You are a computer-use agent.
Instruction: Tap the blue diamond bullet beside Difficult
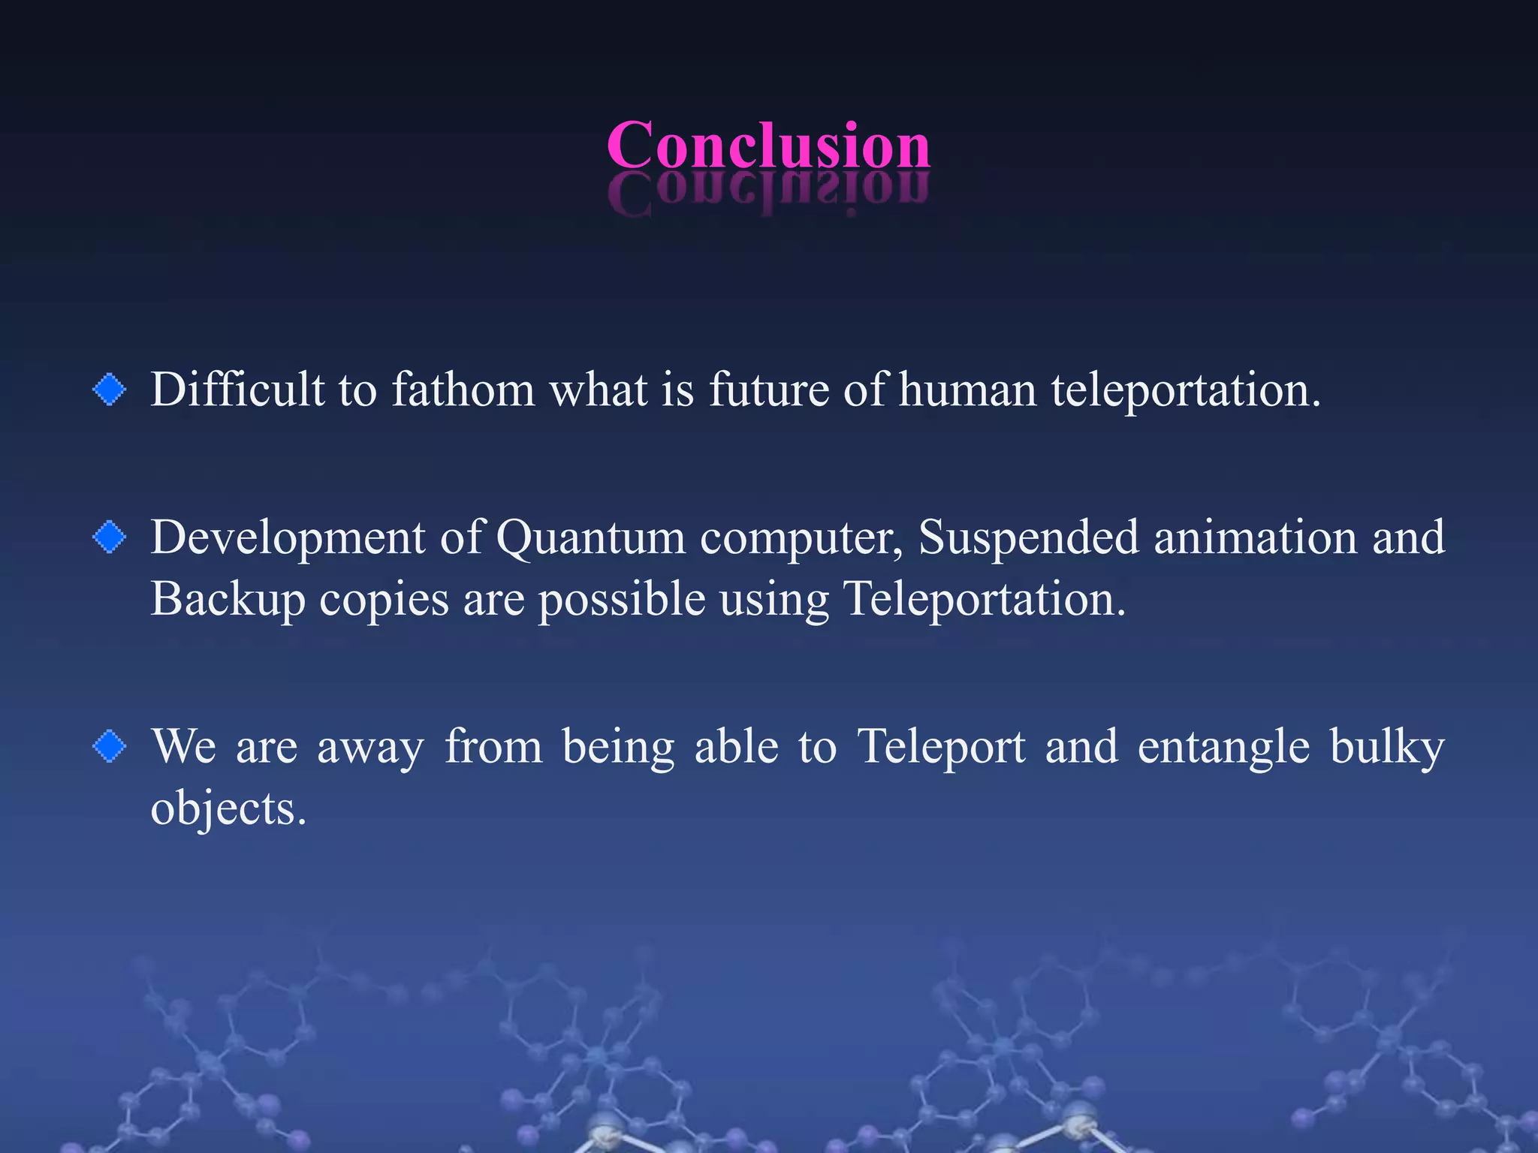(x=110, y=390)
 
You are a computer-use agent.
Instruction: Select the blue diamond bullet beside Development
(x=110, y=537)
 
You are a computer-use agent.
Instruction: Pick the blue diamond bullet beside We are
(x=110, y=747)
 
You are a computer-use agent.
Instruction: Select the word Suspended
(x=1028, y=537)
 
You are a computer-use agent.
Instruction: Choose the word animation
(x=1256, y=537)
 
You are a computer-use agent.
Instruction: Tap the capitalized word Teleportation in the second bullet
(x=985, y=600)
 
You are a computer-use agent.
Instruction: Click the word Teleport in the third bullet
(x=942, y=748)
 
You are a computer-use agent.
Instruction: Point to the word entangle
(x=1223, y=748)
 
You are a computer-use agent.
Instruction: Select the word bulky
(x=1387, y=748)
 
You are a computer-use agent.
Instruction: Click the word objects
(x=228, y=810)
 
